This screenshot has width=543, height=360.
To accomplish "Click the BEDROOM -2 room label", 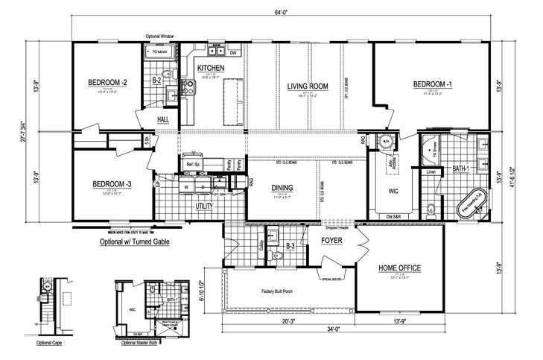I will coord(109,82).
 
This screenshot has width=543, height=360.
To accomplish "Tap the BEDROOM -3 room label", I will coord(112,185).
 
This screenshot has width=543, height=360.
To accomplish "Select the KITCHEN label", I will coord(211,69).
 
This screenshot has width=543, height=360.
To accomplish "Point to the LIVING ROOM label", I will coord(308,86).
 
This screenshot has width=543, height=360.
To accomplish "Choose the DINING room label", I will coord(282,188).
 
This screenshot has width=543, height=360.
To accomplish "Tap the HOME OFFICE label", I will coord(400,268).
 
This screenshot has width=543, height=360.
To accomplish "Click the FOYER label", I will coord(331,241).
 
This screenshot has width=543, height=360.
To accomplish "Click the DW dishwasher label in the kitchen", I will coord(232,54).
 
